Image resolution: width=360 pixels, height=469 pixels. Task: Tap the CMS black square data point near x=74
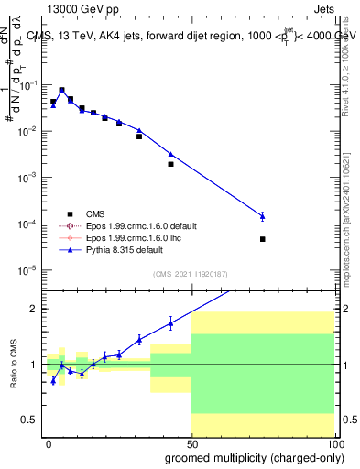tap(263, 239)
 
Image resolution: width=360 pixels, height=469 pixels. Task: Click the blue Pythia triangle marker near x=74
tap(263, 216)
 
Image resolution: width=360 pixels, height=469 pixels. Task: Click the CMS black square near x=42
tap(171, 164)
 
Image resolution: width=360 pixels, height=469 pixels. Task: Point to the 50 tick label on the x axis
tap(191, 442)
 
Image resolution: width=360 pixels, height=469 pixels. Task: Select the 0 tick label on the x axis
tap(49, 442)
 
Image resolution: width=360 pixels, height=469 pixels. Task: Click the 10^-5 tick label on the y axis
tap(30, 270)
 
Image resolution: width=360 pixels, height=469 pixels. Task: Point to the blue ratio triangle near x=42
tap(171, 322)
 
